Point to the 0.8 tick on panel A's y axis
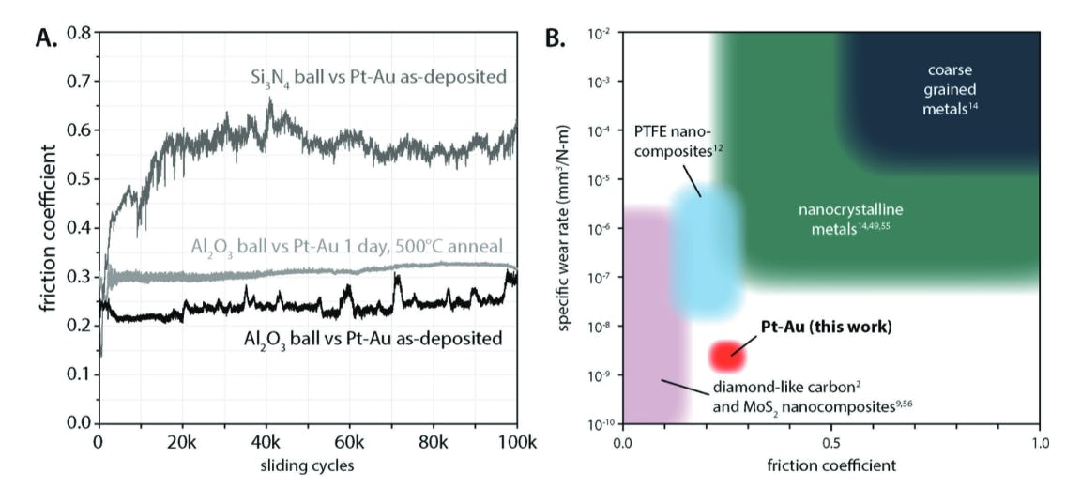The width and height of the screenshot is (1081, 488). click(x=77, y=33)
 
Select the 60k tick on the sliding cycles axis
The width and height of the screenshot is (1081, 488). click(x=349, y=441)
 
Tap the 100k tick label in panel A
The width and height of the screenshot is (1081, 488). click(x=517, y=441)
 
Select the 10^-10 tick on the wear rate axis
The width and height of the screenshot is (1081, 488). click(x=601, y=424)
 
